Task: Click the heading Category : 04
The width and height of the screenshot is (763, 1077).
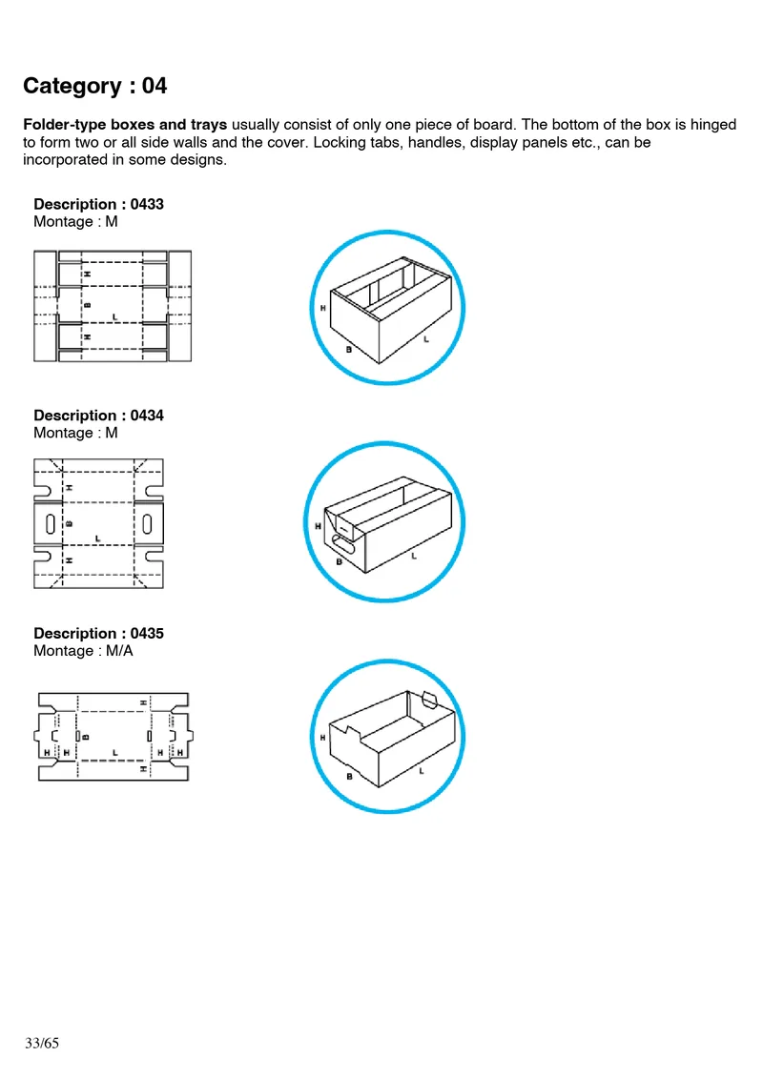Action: pos(95,86)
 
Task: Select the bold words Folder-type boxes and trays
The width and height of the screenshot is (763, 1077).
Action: pos(125,125)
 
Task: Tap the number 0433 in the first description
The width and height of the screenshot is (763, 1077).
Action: pos(147,204)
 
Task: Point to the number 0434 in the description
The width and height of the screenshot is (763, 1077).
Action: pos(147,416)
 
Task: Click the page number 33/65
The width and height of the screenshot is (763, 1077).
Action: pos(42,1044)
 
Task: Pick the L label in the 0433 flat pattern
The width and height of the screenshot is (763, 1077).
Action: pos(114,315)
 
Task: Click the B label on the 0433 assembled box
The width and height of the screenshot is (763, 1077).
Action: pos(349,350)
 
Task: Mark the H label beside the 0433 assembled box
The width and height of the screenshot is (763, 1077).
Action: pos(323,308)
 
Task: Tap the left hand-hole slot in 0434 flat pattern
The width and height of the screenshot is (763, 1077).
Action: pos(49,523)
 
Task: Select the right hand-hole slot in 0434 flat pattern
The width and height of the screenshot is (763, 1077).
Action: pos(149,523)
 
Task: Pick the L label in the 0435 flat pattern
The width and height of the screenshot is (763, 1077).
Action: pos(114,753)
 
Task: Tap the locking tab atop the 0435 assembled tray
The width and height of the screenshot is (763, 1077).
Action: pos(428,701)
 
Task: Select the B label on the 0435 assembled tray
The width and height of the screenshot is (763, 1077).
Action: pos(349,777)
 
